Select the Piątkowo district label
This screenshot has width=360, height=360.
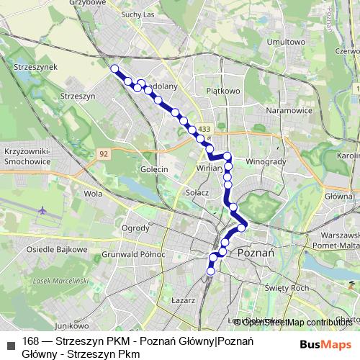click(x=222, y=91)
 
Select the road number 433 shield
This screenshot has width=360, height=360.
click(x=205, y=129)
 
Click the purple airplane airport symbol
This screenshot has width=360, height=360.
click(x=43, y=211)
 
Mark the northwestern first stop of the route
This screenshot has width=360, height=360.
click(x=114, y=68)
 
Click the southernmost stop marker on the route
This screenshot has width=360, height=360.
click(x=211, y=271)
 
